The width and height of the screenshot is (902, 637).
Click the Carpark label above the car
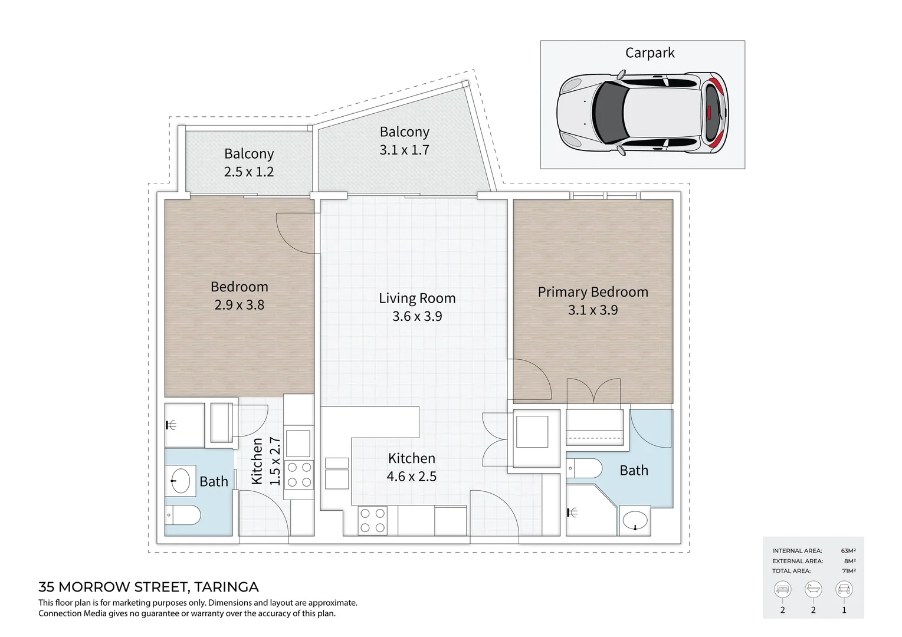coord(650,52)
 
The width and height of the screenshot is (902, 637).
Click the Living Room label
coord(417,298)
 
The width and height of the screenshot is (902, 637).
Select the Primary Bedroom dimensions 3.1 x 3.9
coord(593,310)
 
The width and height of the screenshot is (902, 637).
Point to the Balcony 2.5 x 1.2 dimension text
coord(249,172)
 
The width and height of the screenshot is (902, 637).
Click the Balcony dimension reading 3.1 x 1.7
coord(404,150)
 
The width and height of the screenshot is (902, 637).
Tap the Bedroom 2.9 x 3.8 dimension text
coord(239,304)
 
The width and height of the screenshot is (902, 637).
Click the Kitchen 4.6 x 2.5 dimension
coord(412,477)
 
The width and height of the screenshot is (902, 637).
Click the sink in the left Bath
coord(181,480)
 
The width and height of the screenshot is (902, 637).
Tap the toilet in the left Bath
coord(183,515)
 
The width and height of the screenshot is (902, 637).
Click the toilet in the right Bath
coord(584,468)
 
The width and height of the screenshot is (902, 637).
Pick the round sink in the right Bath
coord(635,520)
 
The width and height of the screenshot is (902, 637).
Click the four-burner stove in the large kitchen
coord(372,521)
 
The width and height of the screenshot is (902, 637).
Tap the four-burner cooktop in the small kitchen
coord(299,474)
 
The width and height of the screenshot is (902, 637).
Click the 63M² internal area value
coord(848,550)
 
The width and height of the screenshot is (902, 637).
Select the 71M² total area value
coord(849,570)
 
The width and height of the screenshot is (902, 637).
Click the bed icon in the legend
coord(782,589)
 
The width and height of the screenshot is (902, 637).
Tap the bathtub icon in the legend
coord(813,589)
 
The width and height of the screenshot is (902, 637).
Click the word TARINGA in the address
coord(227,587)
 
